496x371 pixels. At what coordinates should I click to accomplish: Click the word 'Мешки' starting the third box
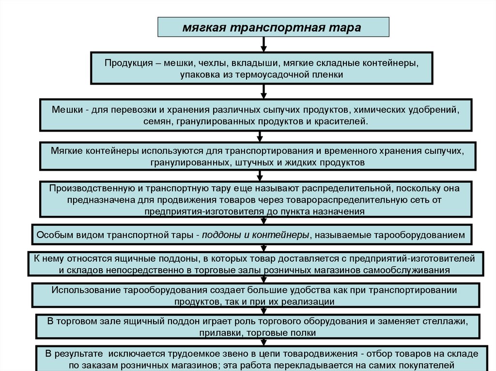pos(67,110)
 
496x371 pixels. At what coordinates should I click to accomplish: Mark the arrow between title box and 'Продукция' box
pos(264,45)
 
